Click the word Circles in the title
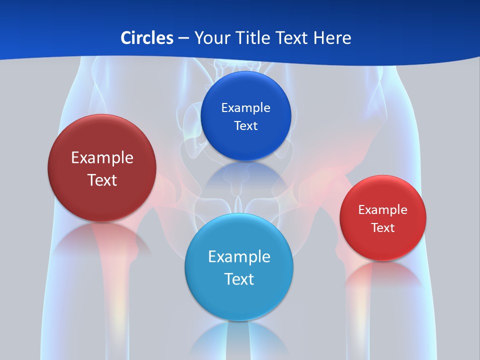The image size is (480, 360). pyautogui.click(x=147, y=38)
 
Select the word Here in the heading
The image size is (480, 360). pyautogui.click(x=332, y=38)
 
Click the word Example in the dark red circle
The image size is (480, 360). pyautogui.click(x=102, y=158)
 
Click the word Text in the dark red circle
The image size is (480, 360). pyautogui.click(x=102, y=180)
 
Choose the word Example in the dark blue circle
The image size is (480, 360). pyautogui.click(x=245, y=108)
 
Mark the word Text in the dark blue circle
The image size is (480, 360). pyautogui.click(x=245, y=126)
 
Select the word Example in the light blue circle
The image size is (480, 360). pyautogui.click(x=239, y=257)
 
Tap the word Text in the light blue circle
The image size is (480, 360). pyautogui.click(x=239, y=279)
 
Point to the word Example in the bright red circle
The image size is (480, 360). pyautogui.click(x=383, y=210)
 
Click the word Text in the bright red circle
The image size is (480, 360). pyautogui.click(x=383, y=228)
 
